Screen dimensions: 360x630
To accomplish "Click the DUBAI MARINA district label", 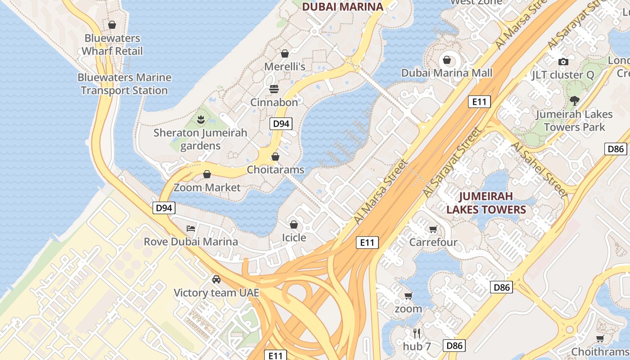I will click(342, 7).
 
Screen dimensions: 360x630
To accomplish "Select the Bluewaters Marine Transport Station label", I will click(124, 84).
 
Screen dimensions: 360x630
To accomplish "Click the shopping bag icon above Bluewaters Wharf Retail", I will click(112, 25).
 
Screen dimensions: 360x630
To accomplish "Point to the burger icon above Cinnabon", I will click(274, 89).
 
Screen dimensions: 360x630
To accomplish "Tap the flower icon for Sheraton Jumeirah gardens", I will click(200, 120).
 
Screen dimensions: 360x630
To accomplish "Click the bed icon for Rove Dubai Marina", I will click(191, 229).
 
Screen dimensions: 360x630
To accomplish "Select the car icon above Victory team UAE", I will click(216, 279).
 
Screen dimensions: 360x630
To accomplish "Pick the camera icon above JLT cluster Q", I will click(563, 62).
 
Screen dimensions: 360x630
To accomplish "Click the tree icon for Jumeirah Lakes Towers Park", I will click(574, 101).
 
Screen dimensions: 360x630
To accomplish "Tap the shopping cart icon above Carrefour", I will click(433, 229).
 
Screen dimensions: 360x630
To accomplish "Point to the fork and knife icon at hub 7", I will click(417, 333).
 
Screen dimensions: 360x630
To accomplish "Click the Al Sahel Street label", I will click(539, 170).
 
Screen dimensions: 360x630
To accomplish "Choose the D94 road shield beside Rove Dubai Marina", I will click(164, 208).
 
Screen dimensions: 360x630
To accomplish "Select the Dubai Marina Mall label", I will click(447, 73).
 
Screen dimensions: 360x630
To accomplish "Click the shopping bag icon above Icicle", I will click(294, 225).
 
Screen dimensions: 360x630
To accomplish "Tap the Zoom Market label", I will click(207, 187).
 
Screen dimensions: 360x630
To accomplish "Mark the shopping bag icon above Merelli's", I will click(284, 54).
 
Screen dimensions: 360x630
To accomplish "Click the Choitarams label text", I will click(275, 170).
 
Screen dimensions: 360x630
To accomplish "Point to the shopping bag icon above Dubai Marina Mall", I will click(447, 60).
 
